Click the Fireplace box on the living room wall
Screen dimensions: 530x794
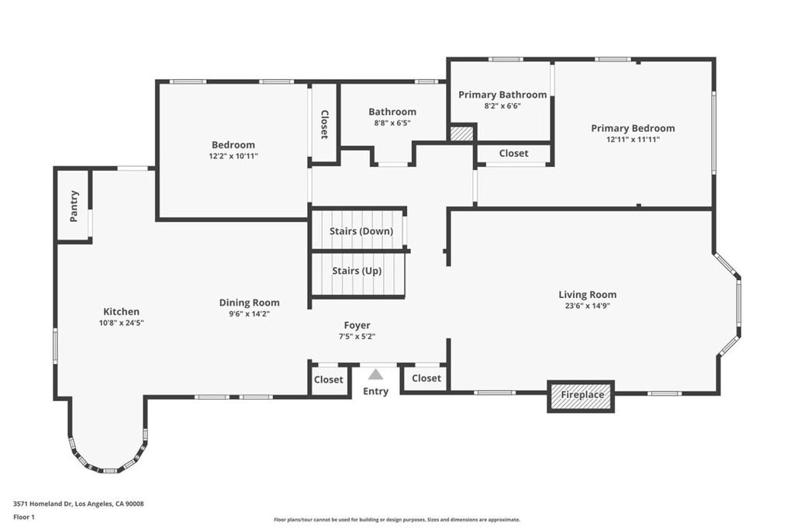tap(582, 396)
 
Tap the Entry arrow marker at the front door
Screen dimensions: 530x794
tap(375, 375)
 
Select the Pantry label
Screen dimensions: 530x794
tap(74, 206)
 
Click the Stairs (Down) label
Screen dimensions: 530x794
tap(361, 231)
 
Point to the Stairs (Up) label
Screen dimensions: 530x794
tap(356, 271)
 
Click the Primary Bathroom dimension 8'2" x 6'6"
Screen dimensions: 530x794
tap(502, 106)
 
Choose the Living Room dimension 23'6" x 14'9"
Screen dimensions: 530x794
tap(587, 306)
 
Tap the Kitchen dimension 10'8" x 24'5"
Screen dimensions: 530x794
tap(121, 322)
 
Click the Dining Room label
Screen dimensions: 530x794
tap(249, 303)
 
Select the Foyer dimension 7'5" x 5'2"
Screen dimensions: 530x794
tap(357, 336)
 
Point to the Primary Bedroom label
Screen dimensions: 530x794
tap(633, 128)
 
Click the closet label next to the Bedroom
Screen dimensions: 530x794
tap(324, 124)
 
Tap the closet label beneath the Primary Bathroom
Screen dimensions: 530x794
tap(513, 154)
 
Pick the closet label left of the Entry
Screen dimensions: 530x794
tap(328, 379)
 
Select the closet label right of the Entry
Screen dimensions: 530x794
tap(426, 378)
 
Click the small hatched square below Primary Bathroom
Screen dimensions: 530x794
tap(461, 133)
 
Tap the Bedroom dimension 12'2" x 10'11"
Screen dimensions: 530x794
tap(233, 156)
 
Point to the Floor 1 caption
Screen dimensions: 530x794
tap(24, 517)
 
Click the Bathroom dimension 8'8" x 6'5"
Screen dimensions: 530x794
tap(392, 123)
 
